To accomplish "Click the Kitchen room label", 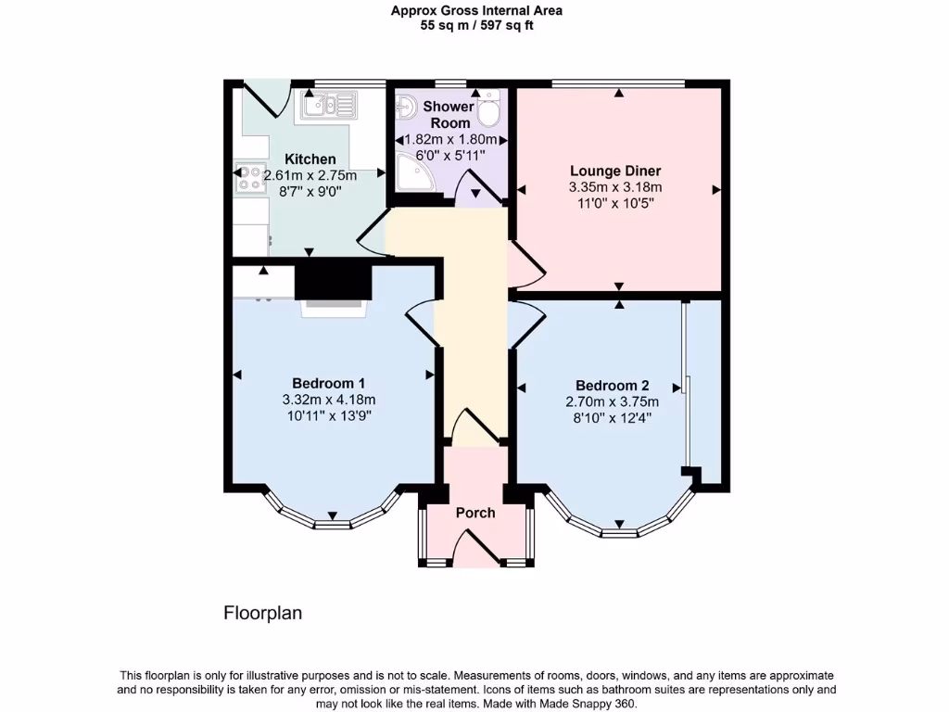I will [310, 159].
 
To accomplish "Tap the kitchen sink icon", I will [327, 105].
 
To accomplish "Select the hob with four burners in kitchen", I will [250, 176].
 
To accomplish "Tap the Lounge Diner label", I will [615, 171].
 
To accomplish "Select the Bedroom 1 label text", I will [328, 384].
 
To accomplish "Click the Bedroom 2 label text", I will [612, 386].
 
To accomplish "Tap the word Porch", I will [475, 513].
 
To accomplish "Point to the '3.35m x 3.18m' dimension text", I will [615, 186].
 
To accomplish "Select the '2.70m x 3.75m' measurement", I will [612, 401].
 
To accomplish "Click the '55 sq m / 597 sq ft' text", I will [476, 26].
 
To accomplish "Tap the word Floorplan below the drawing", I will [262, 613].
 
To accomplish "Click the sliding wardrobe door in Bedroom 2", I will [685, 384].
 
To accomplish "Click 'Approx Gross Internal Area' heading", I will [476, 11].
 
